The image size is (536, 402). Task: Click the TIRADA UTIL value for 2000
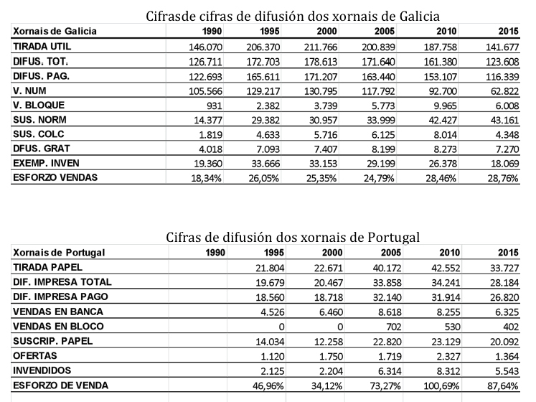[321, 47]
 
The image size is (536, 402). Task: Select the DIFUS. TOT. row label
[41, 61]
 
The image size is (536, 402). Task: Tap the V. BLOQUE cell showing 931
[214, 106]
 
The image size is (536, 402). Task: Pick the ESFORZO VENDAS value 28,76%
[503, 178]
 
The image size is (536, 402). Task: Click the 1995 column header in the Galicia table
[270, 32]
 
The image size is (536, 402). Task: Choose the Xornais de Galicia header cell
[55, 31]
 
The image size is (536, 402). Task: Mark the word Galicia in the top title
[419, 16]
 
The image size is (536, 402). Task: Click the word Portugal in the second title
[394, 237]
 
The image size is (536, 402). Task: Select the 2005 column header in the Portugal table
[391, 253]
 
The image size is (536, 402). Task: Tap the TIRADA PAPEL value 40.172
[387, 268]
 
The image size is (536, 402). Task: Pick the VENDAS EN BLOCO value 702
[394, 327]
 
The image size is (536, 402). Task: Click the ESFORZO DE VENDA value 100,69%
[441, 386]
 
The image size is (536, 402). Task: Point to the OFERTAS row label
[35, 356]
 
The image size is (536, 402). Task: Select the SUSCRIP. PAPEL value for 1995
[270, 342]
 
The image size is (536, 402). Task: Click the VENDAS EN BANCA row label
[58, 312]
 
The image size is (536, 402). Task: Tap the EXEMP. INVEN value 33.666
[265, 164]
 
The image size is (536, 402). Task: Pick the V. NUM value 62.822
[504, 91]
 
